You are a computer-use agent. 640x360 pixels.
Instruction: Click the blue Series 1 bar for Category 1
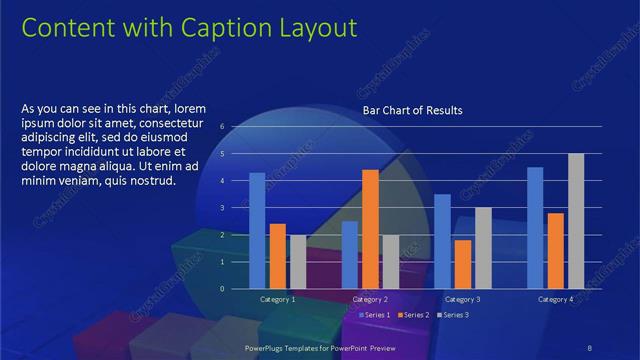(x=257, y=230)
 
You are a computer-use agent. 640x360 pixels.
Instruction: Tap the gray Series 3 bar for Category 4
(x=576, y=221)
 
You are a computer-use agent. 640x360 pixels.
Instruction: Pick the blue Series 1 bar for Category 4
(x=535, y=227)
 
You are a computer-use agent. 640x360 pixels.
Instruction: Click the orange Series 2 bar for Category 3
(x=463, y=264)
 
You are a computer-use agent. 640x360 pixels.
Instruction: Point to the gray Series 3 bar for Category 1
(x=297, y=261)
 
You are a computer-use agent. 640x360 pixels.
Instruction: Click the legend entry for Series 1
(x=375, y=315)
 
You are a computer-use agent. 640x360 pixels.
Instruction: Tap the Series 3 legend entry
(x=452, y=315)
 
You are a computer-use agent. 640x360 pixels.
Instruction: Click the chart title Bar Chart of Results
(x=412, y=109)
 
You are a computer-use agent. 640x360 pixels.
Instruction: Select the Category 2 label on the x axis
(x=371, y=299)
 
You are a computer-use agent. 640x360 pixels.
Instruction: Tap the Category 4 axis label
(x=555, y=299)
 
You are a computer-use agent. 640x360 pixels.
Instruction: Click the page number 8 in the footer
(x=591, y=347)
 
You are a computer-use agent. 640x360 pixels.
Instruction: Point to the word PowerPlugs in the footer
(x=269, y=347)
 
